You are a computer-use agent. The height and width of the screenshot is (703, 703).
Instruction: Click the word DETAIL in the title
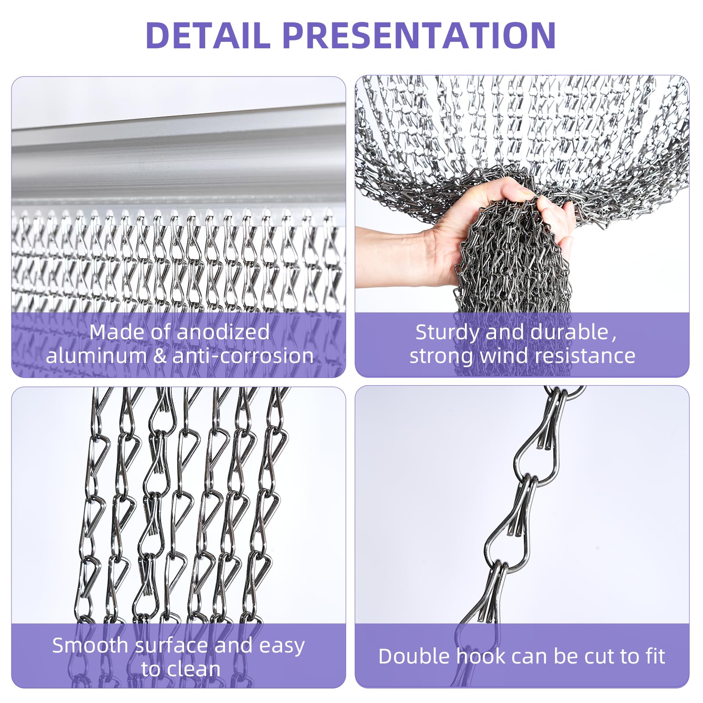tap(207, 35)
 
